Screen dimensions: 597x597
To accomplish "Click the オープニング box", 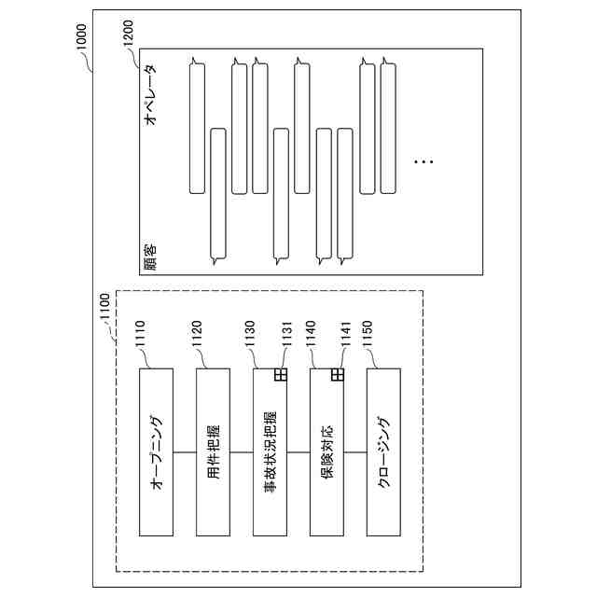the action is point(156,451).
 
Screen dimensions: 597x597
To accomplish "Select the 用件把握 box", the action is point(213,451).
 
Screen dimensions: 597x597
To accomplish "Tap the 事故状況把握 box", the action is point(270,451).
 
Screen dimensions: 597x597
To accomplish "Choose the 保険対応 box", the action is point(326,451).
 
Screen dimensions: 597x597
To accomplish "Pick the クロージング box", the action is point(383,451).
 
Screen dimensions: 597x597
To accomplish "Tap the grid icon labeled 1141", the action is point(338,374).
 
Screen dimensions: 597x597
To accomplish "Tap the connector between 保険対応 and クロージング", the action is point(355,451).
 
